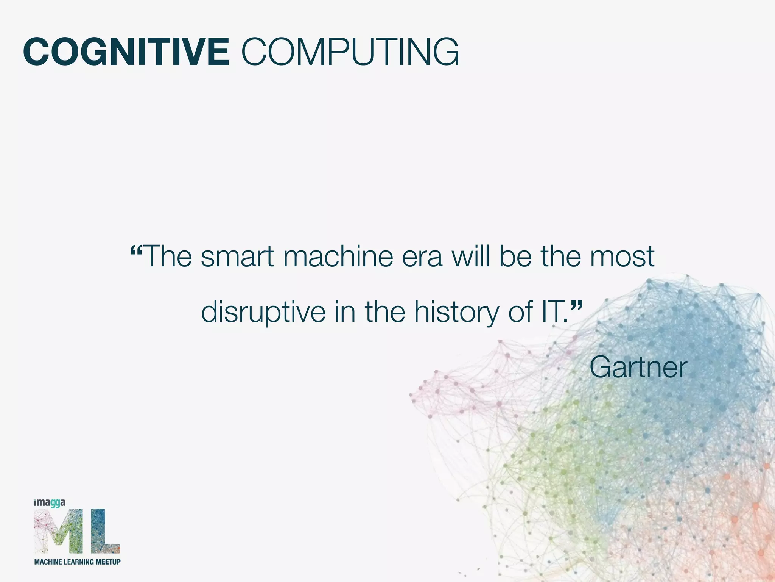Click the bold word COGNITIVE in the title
[x=126, y=52]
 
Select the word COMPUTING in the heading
[x=350, y=52]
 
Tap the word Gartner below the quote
[x=638, y=367]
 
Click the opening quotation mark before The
[x=136, y=251]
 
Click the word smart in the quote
[x=237, y=257]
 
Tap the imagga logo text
[x=50, y=503]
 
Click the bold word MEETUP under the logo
[x=108, y=562]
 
